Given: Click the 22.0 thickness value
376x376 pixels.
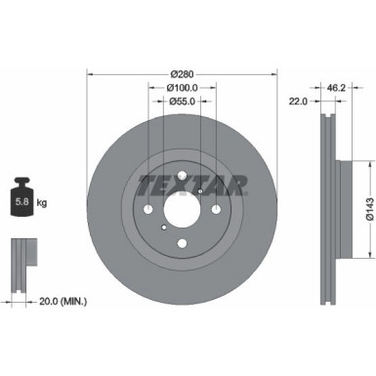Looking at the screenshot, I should click(299, 101).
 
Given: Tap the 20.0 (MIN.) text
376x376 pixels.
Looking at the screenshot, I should click(63, 302).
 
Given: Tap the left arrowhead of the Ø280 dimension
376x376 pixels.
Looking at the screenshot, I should click(91, 74).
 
